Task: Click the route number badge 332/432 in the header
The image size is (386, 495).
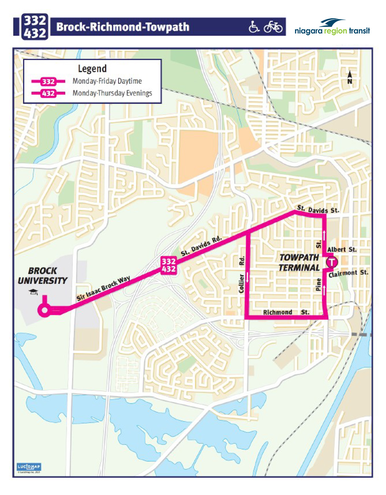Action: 35,27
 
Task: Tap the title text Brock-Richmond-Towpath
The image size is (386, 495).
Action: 123,27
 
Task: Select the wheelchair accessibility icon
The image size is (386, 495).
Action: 254,27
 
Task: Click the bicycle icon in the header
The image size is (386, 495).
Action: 273,27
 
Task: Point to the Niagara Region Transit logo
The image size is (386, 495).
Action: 332,27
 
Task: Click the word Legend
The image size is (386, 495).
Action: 92,69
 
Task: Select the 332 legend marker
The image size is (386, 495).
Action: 48,82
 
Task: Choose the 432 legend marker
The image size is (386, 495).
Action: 48,93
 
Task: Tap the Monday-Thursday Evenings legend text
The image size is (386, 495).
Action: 112,93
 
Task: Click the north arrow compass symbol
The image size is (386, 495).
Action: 349,77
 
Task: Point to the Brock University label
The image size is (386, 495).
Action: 42,276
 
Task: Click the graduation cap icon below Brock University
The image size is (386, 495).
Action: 33,292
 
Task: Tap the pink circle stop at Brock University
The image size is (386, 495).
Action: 44,310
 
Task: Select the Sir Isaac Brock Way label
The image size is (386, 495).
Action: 103,289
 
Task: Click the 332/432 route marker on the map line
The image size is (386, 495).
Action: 169,265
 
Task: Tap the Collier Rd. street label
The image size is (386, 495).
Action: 242,275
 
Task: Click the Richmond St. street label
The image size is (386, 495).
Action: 286,312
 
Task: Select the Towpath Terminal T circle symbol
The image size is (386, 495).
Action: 331,262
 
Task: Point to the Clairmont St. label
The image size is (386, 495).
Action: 348,273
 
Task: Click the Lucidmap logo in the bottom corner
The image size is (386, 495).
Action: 29,467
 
